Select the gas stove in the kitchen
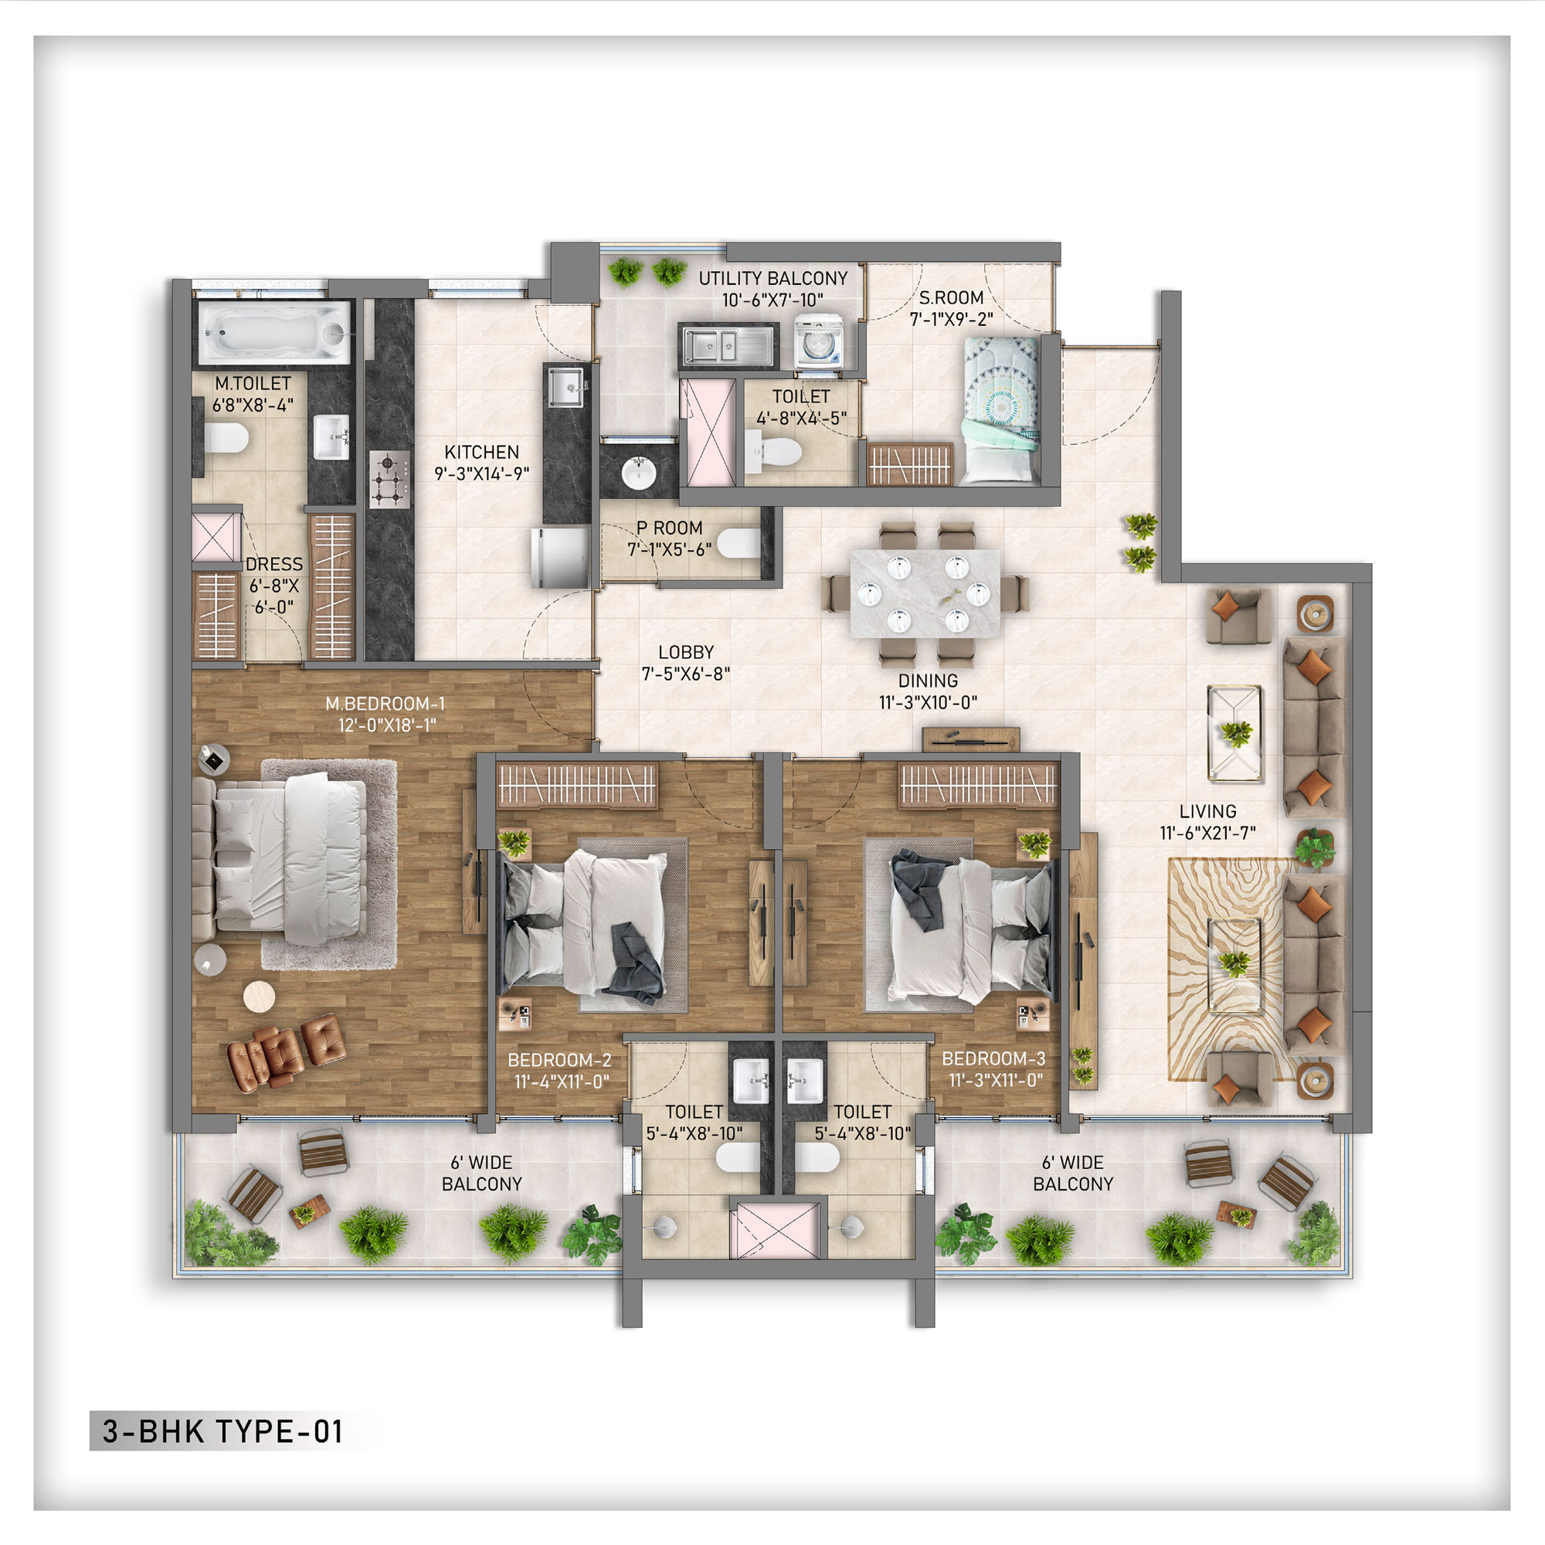click(389, 479)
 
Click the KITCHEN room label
click(481, 453)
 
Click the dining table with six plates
click(925, 593)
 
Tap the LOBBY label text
click(685, 653)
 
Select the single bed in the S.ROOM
click(1001, 409)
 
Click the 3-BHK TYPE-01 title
click(223, 1431)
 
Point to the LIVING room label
click(1207, 812)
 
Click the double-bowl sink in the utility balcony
click(728, 345)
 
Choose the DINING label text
click(928, 681)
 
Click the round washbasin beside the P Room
click(638, 473)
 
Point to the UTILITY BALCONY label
click(772, 278)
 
